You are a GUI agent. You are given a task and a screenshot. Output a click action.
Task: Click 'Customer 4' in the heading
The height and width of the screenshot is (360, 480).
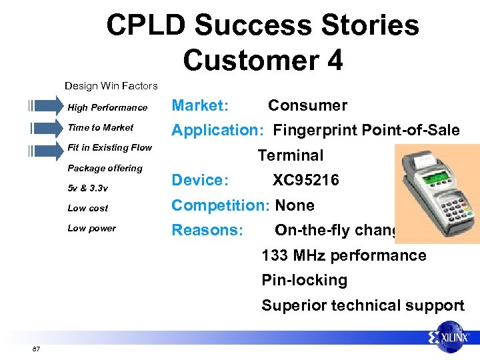click(263, 59)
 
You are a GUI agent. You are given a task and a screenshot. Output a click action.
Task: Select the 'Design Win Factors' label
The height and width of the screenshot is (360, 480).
click(111, 85)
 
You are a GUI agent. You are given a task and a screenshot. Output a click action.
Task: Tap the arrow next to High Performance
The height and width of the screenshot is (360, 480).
click(45, 107)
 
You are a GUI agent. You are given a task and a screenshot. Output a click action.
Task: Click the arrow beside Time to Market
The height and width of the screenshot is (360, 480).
click(45, 127)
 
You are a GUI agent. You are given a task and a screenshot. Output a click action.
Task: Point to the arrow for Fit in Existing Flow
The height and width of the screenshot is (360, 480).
click(45, 148)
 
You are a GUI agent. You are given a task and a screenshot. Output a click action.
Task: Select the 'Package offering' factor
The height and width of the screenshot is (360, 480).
click(105, 168)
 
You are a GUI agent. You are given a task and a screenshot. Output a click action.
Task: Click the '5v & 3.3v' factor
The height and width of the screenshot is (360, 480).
click(87, 188)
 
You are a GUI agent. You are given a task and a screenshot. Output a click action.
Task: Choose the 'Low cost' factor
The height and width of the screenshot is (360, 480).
click(87, 208)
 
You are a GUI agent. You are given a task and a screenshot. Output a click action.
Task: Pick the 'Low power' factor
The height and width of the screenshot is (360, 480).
click(91, 228)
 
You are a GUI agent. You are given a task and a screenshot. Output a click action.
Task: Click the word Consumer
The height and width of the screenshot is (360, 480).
click(307, 105)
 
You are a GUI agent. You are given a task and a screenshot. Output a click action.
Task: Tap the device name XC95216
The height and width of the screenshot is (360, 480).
click(305, 180)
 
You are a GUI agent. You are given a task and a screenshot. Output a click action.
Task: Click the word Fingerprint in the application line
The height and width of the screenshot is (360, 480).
click(315, 130)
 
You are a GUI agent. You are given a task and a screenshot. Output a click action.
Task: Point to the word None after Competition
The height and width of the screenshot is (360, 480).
click(295, 205)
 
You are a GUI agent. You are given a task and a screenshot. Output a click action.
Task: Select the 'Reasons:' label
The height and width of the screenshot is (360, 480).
click(207, 230)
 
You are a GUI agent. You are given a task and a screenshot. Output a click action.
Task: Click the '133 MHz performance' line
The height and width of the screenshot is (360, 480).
click(343, 255)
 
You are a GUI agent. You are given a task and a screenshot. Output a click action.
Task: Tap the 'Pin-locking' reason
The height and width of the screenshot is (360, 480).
click(304, 280)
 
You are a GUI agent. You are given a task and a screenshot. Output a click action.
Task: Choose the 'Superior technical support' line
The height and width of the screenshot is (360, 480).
click(363, 305)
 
